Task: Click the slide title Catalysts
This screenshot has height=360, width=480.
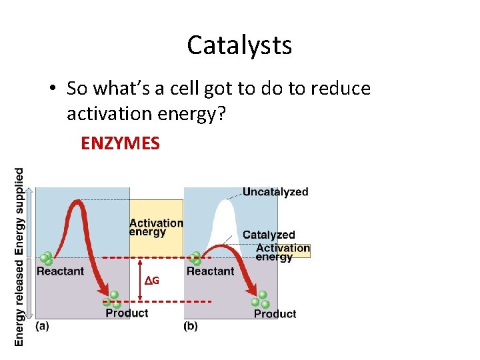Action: point(239,45)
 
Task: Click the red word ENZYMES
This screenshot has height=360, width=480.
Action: point(120,143)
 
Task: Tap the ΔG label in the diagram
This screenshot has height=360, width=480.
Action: point(153,281)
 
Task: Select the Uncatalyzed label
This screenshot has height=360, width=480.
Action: point(275,192)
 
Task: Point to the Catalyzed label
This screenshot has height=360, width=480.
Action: point(269,235)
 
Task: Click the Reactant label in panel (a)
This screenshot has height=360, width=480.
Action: point(60,271)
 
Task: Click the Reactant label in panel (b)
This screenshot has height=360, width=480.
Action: point(210,271)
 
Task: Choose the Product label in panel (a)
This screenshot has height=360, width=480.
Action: point(127,313)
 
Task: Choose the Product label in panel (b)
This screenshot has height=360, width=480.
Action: point(275,313)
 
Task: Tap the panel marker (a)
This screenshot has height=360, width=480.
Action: point(42,326)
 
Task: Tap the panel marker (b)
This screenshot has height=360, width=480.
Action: point(191,326)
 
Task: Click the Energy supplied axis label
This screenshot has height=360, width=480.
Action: point(19,211)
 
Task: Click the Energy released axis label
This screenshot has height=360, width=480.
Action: point(19,301)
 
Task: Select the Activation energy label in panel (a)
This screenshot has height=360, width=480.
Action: point(156,227)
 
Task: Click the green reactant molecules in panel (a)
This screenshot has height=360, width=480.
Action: point(46,259)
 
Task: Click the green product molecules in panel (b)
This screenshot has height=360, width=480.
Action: point(260,299)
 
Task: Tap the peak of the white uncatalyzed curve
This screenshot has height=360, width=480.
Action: point(224,202)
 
